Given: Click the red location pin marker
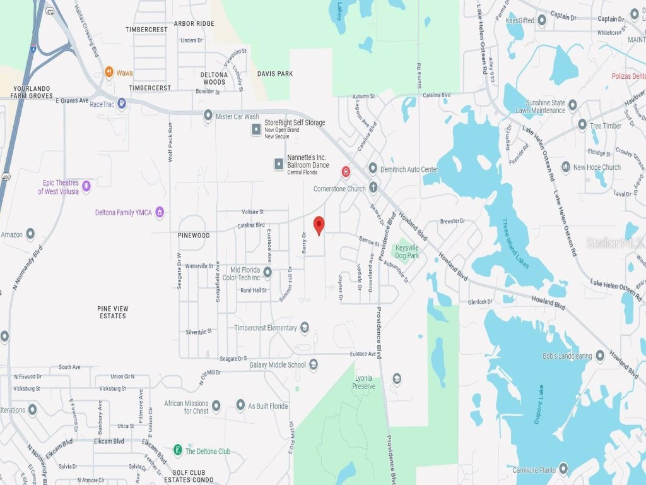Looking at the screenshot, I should [319, 225].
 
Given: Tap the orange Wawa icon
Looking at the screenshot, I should [109, 73].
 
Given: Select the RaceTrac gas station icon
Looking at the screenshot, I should [122, 104].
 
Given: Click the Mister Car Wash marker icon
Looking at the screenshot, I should [208, 116].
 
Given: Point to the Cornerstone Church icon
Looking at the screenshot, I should [373, 188].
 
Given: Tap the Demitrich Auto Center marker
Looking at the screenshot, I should [373, 169].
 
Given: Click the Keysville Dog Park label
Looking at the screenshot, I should [407, 252].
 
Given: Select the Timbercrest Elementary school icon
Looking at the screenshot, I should [305, 327].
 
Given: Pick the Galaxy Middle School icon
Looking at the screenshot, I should [314, 364].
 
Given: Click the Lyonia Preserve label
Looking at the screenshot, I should [364, 382].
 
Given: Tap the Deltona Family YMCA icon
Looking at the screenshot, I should [160, 212].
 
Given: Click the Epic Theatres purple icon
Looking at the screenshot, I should [86, 186].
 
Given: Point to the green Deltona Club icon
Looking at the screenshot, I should [179, 450].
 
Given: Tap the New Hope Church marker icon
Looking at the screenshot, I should [565, 167].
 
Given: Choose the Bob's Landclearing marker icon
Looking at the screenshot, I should [599, 356].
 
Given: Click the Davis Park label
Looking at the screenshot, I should [275, 74].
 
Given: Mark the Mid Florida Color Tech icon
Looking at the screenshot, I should [267, 272].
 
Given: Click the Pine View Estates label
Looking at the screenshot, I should [113, 312].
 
